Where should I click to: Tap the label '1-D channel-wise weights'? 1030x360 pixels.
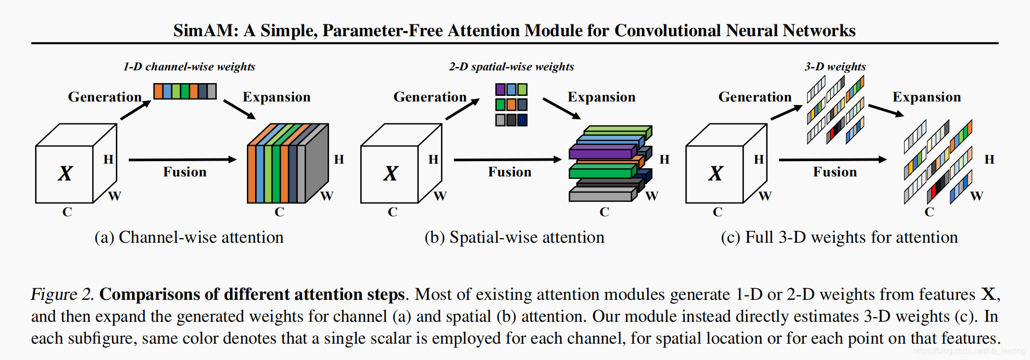click(189, 67)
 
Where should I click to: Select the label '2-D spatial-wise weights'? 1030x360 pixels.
click(511, 67)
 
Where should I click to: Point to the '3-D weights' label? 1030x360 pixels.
click(835, 67)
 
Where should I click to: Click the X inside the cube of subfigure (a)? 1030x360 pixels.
click(65, 174)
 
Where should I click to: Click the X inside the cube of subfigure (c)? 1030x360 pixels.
click(715, 174)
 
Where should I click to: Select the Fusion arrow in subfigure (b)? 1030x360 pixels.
click(507, 160)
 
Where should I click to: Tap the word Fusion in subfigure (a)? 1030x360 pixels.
click(185, 172)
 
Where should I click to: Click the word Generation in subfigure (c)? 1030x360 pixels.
click(755, 97)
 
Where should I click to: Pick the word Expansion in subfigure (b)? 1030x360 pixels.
click(601, 97)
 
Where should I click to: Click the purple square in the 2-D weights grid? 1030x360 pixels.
click(500, 90)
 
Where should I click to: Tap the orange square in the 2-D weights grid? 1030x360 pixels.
click(511, 105)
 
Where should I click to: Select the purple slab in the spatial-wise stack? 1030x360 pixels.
click(601, 152)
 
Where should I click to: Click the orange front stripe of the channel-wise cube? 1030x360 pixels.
click(251, 174)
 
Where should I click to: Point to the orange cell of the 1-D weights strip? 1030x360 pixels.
click(158, 91)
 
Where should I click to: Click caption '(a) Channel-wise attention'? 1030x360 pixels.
click(189, 237)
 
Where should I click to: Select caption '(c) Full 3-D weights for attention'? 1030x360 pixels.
click(839, 237)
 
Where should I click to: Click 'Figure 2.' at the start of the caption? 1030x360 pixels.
click(62, 294)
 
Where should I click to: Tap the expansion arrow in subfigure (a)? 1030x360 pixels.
click(239, 109)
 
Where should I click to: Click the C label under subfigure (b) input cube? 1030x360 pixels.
click(392, 212)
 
